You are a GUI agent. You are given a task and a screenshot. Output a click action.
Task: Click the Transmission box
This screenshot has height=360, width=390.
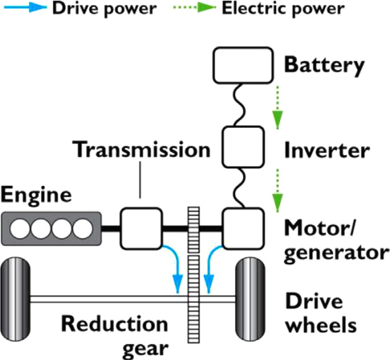tap(141, 228)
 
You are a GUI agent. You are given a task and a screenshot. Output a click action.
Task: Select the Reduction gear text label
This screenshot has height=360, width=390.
tap(114, 335)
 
